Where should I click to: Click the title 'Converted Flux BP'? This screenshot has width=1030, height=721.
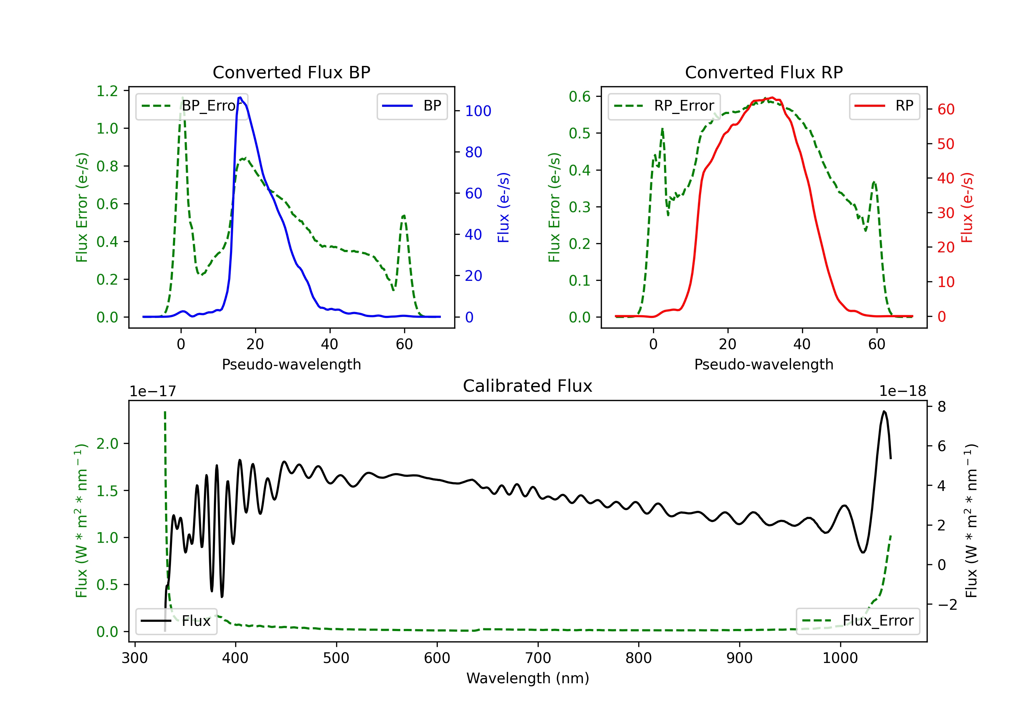291,72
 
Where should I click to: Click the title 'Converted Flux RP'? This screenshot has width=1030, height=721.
764,72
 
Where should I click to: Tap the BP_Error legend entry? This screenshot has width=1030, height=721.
192,106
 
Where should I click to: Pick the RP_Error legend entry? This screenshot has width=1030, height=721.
664,106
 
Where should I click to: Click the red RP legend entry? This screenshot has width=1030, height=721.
884,106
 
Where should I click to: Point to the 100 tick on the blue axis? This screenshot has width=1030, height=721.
478,111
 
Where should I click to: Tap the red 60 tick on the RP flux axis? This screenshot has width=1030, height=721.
946,109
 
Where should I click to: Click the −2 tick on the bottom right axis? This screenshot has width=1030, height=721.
947,604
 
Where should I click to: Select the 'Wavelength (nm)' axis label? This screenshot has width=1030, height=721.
528,678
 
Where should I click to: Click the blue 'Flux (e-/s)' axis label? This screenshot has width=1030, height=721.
503,207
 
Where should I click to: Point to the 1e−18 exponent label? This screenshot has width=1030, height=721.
902,391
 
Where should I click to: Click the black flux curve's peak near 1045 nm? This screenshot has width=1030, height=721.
884,411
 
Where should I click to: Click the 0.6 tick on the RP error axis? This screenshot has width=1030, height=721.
579,96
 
